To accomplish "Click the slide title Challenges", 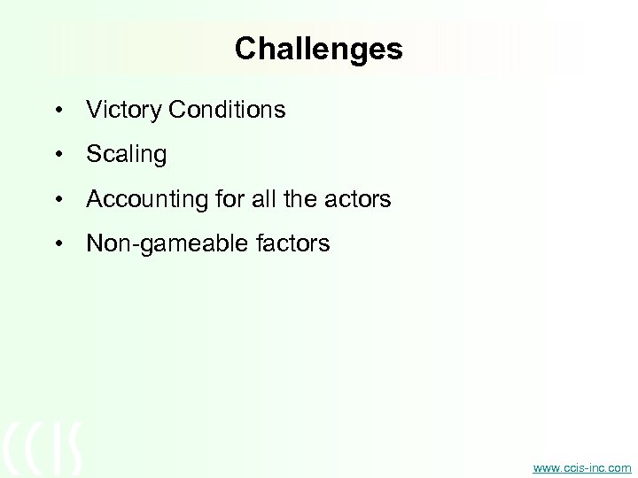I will (318, 49).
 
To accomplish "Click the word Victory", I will (119, 110).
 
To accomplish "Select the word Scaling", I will (126, 156).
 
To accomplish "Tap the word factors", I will (290, 243).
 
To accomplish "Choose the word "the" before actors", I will (294, 200).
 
